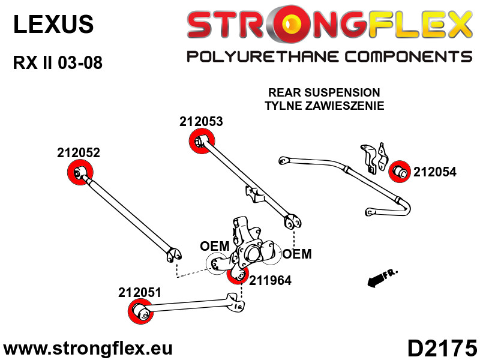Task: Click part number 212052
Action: (79, 153)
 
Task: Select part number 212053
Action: (201, 122)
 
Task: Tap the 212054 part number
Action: (434, 172)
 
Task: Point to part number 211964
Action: (270, 280)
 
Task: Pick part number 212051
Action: (140, 293)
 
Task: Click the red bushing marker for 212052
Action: (80, 172)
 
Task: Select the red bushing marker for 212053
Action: (202, 141)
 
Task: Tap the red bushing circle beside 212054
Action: (400, 172)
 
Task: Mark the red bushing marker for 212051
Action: (141, 311)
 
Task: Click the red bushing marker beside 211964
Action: (238, 274)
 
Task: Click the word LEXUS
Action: (53, 25)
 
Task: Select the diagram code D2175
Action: (443, 349)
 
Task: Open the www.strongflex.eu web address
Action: (88, 349)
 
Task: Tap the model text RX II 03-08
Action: (58, 63)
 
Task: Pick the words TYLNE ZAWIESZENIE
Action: (324, 106)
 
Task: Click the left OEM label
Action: (215, 246)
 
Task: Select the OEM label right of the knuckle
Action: (297, 254)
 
